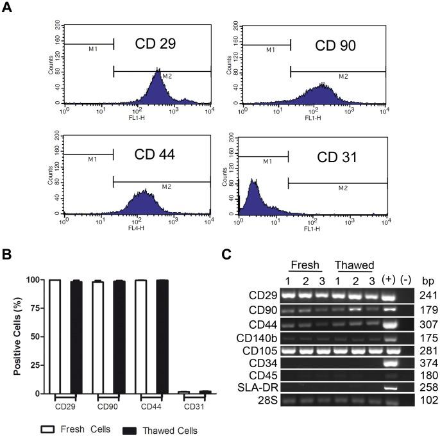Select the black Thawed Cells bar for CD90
118,334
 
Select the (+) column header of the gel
388,280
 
